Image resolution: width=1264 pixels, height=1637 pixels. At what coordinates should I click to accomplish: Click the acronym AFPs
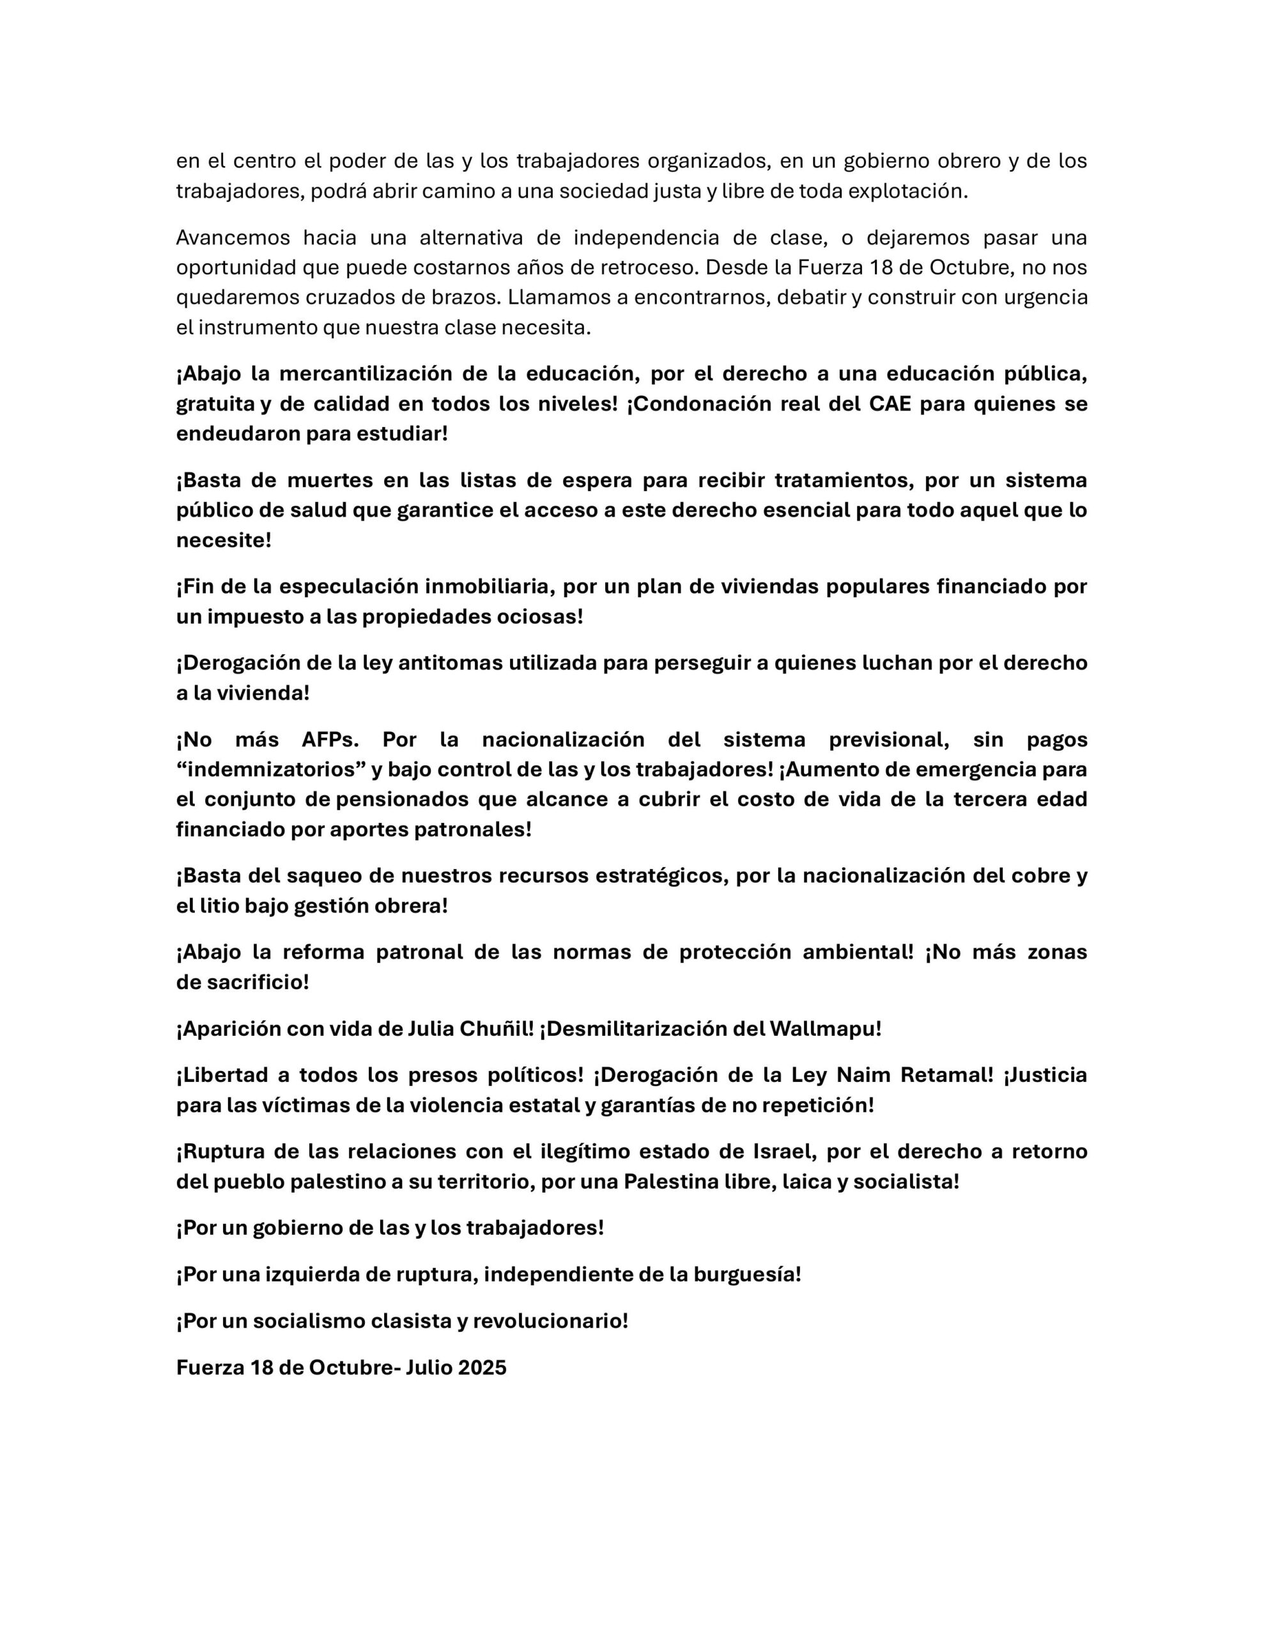click(x=330, y=739)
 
